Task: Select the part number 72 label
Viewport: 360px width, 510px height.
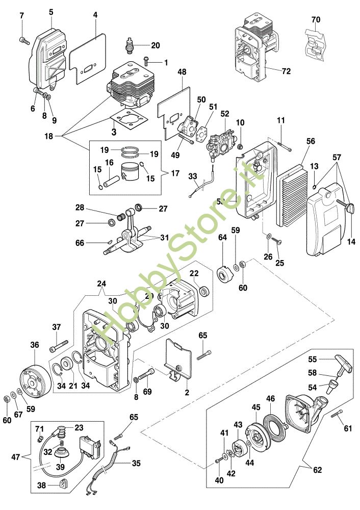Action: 286,71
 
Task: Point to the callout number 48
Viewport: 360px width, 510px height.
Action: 182,72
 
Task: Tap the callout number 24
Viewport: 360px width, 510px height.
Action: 101,284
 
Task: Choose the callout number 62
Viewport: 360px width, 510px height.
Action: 318,470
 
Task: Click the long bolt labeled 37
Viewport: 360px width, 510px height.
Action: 59,346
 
